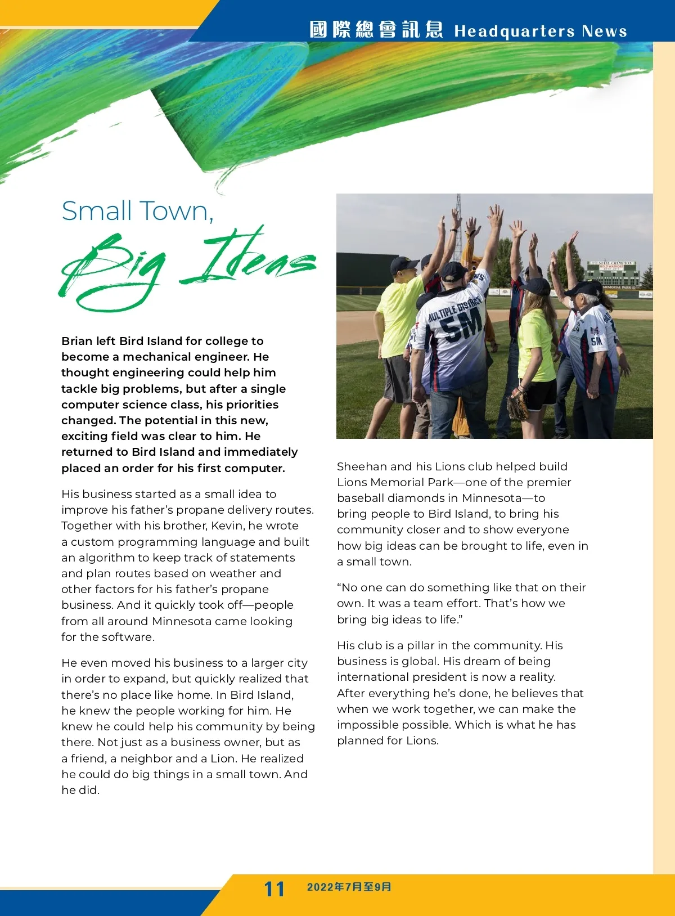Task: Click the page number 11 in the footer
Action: (274, 889)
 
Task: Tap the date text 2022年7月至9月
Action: (349, 887)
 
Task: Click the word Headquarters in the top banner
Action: (515, 31)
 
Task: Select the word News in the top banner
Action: (604, 31)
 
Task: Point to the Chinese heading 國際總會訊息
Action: (376, 30)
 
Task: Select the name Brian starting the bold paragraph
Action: (76, 341)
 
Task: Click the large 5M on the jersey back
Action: (460, 326)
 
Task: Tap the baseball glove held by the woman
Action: (519, 402)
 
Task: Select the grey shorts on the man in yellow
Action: (398, 379)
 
